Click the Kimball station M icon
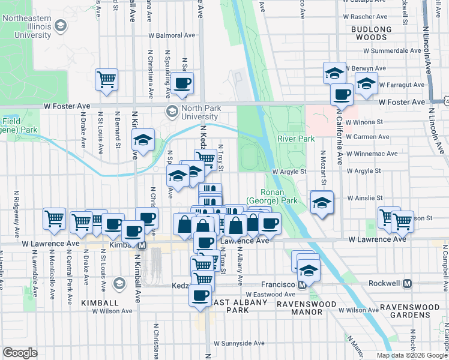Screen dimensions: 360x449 [x=142, y=245]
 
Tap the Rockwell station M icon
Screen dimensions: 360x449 [x=407, y=284]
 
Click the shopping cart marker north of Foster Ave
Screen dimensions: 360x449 [x=106, y=80]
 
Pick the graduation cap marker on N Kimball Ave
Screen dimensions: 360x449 [x=143, y=141]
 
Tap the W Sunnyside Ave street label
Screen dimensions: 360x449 [x=240, y=343]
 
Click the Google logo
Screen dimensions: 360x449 [x=20, y=353]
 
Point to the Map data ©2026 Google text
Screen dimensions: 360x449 [x=411, y=355]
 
